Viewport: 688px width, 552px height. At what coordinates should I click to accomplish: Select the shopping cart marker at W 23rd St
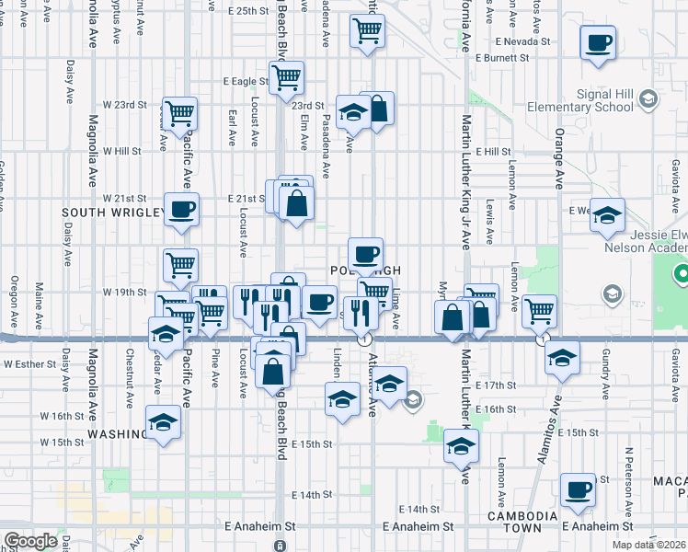pos(179,114)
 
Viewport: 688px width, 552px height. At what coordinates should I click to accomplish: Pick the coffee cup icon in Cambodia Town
pos(578,489)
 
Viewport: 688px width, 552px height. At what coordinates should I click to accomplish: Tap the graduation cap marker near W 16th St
pos(164,421)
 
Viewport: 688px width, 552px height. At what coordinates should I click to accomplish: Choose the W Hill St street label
pos(121,151)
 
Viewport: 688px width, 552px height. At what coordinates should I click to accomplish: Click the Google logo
pos(30,541)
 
